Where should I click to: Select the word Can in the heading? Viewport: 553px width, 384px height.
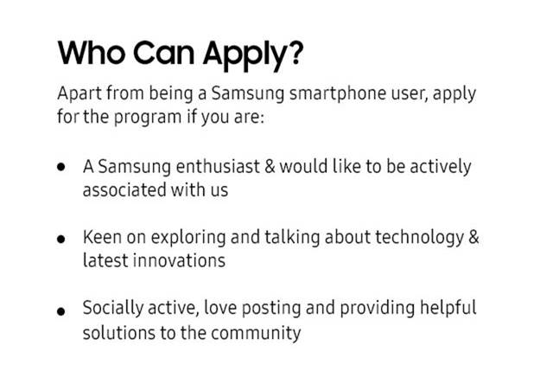(165, 53)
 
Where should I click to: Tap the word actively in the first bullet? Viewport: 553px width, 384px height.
(440, 166)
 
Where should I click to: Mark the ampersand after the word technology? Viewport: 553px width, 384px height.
(473, 237)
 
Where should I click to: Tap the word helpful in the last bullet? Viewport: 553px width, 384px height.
(447, 309)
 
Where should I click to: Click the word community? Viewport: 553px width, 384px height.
(256, 332)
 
